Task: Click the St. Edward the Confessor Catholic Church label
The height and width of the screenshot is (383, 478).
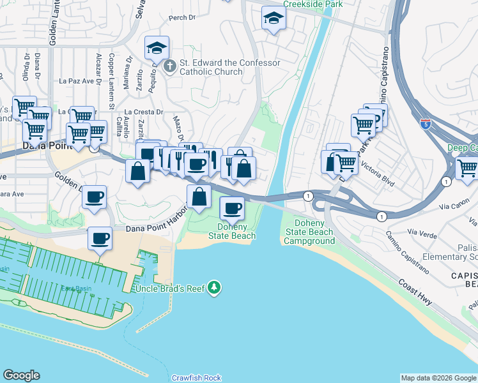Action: [x=229, y=68]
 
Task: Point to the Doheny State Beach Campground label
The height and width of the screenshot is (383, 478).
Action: [x=309, y=232]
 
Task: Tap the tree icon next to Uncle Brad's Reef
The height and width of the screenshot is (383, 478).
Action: [x=215, y=289]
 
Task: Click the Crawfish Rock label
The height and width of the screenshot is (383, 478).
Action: [x=196, y=378]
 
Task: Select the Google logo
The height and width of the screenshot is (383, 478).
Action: [x=21, y=375]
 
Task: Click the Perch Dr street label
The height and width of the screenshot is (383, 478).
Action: [x=183, y=17]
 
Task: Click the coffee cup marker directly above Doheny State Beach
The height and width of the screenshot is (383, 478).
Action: [x=232, y=207]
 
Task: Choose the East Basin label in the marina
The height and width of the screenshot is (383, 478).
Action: [x=76, y=289]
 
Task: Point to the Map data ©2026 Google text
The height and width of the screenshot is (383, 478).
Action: [x=438, y=378]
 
